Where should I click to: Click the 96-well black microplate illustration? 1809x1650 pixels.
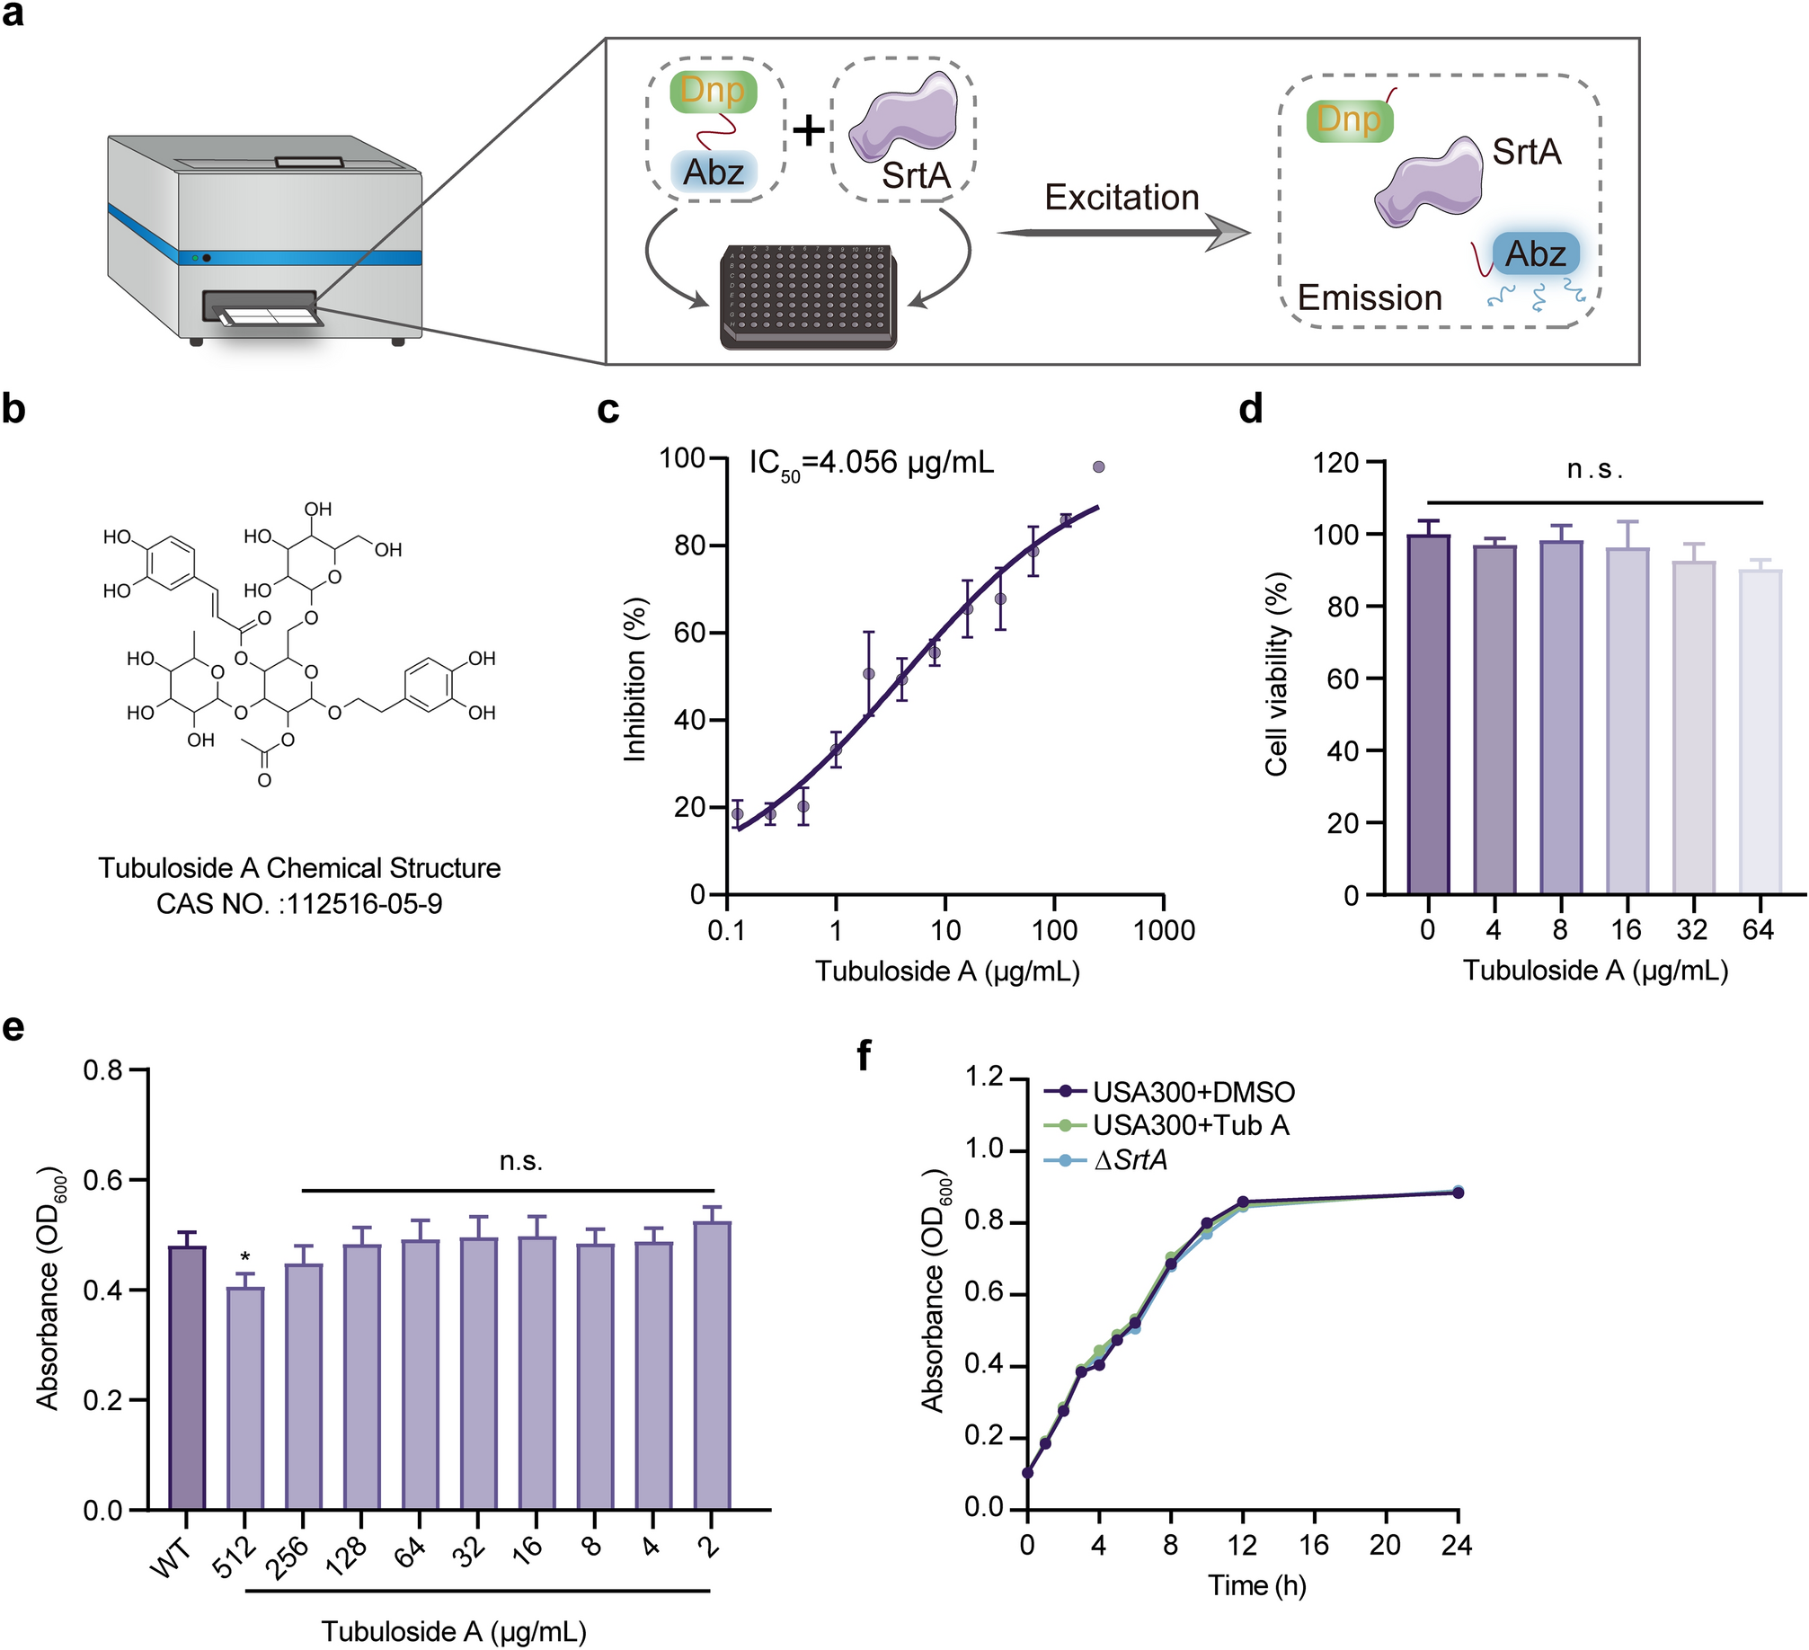point(808,296)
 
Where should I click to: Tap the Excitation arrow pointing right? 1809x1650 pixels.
point(1123,233)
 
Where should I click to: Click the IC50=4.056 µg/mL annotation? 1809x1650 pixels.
point(871,464)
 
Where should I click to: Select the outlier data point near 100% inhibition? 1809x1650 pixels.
point(1098,467)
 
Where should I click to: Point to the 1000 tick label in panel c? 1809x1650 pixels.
point(1164,930)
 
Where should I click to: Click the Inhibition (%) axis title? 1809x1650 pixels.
point(635,679)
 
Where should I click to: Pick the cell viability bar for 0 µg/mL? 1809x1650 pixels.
point(1428,714)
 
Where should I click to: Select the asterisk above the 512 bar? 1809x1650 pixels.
point(245,1256)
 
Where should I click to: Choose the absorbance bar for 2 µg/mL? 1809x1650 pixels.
point(712,1365)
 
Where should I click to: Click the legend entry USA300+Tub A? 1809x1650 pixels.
point(1190,1126)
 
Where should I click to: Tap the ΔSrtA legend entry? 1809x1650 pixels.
point(1130,1160)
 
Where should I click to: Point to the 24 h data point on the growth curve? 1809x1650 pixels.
point(1457,1193)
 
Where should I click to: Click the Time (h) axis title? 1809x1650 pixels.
point(1256,1585)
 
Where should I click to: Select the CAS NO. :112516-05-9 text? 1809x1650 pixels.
point(299,903)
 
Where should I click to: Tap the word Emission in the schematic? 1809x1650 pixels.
point(1370,297)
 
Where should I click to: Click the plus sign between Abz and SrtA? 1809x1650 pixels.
point(809,131)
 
